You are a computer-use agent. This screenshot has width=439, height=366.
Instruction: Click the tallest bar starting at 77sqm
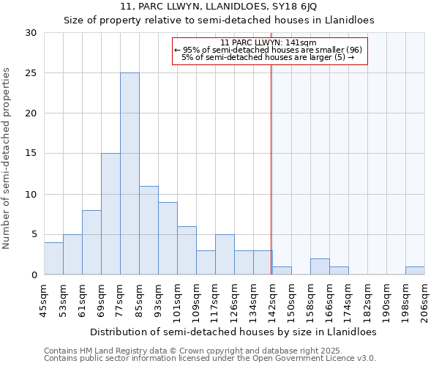(x=130, y=173)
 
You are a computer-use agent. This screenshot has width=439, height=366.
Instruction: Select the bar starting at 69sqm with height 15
(x=110, y=214)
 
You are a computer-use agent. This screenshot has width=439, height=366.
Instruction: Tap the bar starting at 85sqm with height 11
(x=149, y=230)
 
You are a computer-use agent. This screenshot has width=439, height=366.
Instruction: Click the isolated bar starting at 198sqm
(x=415, y=271)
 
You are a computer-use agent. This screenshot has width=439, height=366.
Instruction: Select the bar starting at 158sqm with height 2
(x=320, y=266)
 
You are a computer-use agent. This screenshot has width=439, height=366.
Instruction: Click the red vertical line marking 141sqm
(x=271, y=183)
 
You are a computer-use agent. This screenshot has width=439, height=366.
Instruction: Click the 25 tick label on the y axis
(x=31, y=73)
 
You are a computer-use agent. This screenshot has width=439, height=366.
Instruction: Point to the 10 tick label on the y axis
(x=31, y=195)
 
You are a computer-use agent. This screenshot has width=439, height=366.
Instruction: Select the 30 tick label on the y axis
(x=31, y=33)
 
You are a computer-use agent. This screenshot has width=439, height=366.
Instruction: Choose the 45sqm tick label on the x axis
(x=44, y=299)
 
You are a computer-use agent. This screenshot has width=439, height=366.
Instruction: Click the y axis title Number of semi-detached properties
(x=7, y=158)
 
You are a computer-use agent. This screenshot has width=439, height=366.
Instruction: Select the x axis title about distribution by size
(x=234, y=332)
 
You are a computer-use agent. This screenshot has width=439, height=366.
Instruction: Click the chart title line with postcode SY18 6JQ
(x=219, y=7)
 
